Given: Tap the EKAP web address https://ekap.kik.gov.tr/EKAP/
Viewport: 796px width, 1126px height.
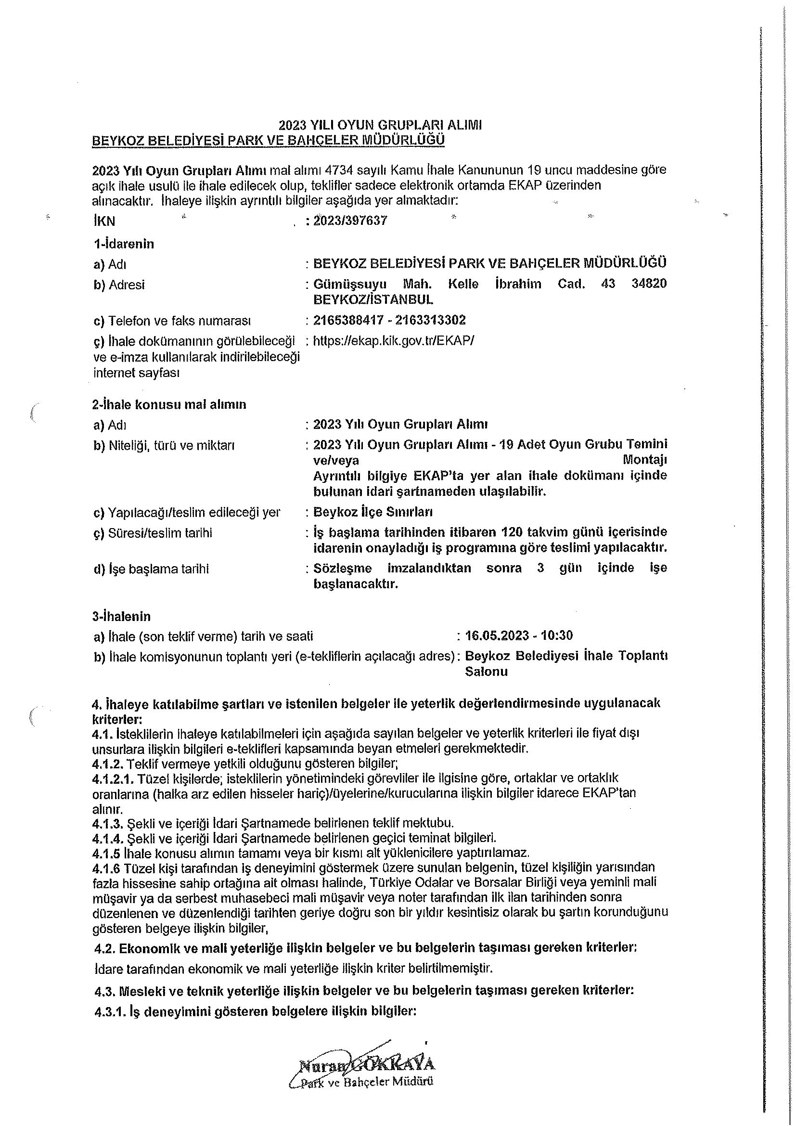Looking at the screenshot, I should (x=393, y=340).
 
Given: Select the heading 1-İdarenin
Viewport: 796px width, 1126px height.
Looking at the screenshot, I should (x=124, y=244).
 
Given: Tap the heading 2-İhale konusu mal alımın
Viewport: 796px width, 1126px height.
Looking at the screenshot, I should (x=169, y=404).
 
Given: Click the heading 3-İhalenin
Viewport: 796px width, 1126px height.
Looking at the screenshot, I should (x=121, y=616).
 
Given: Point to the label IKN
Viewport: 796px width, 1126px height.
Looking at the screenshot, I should (x=104, y=221).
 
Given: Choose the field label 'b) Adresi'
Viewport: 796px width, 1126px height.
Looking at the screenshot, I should (x=119, y=285).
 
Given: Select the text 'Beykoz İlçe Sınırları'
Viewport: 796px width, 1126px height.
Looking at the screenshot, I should (x=372, y=512).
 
